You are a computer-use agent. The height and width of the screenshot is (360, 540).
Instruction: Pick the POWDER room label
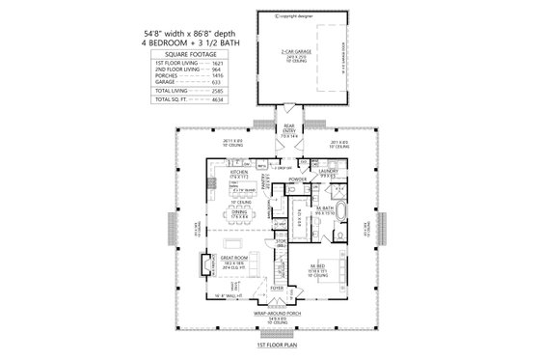297,180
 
